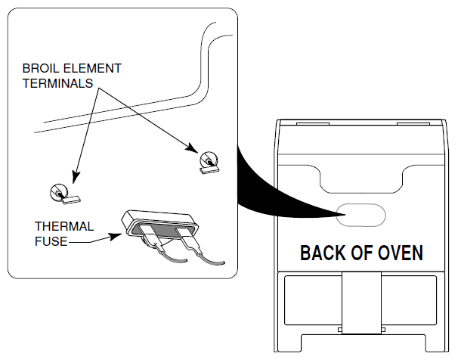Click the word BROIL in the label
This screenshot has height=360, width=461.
(40, 68)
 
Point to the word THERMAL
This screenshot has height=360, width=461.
(64, 226)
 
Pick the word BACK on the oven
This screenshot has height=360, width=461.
(323, 253)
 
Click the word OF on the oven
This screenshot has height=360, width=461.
(360, 253)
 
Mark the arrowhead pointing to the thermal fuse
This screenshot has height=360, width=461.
(116, 234)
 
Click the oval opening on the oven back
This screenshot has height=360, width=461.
(360, 216)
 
